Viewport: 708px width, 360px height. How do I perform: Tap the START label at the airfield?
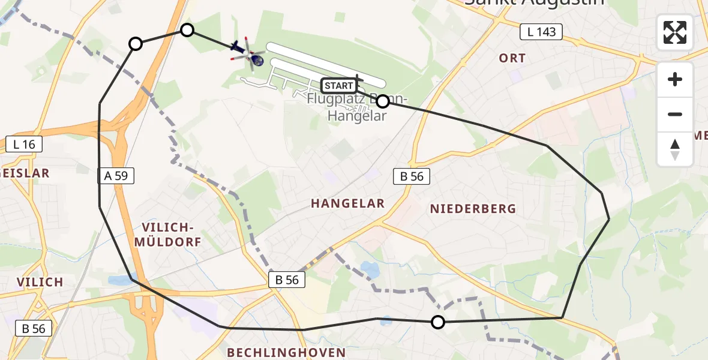338,86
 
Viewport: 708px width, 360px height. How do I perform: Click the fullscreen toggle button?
675,32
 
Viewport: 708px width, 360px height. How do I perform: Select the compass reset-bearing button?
675,149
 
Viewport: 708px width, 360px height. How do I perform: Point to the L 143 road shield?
541,32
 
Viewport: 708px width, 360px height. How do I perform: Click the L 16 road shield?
24,144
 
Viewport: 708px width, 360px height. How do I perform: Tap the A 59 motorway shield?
116,176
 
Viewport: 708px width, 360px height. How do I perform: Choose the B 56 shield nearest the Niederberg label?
412,176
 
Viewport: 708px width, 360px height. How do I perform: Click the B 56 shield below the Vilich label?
34,328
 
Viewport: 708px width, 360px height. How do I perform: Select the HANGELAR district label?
347,204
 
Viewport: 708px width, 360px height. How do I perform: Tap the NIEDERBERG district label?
473,209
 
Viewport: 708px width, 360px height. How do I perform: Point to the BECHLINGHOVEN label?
286,352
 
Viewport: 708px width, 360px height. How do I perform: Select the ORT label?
512,58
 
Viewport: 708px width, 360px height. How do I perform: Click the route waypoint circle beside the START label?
382,101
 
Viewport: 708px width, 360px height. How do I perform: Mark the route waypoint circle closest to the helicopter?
187,30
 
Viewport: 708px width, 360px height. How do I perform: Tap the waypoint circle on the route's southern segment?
438,322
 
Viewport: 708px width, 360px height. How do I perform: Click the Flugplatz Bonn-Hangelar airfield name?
358,107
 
